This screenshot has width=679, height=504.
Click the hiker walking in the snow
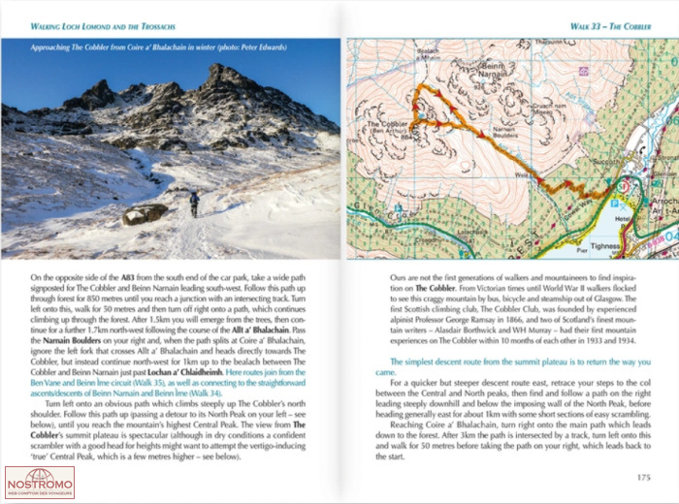click(194, 204)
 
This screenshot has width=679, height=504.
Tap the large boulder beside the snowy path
click(145, 213)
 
